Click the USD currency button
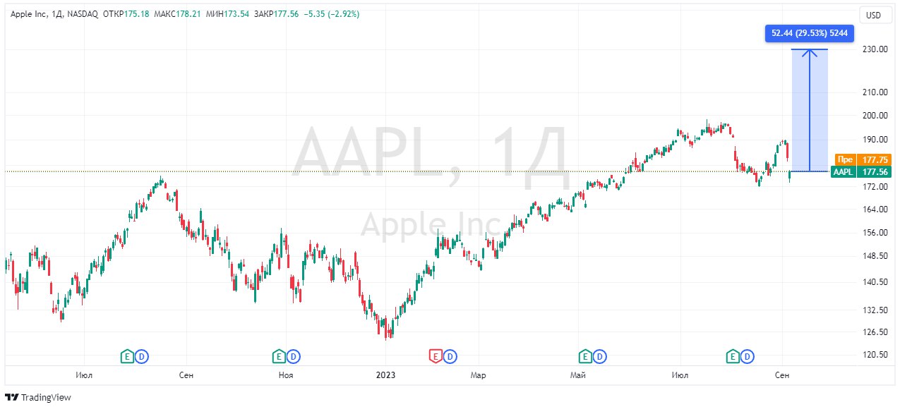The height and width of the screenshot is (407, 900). click(873, 15)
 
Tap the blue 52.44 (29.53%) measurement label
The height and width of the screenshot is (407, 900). click(810, 33)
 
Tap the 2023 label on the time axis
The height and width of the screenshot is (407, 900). click(385, 375)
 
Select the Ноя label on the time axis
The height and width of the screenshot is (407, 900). click(286, 375)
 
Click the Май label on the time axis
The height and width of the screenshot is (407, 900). click(578, 375)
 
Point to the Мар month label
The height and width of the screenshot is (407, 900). click(478, 375)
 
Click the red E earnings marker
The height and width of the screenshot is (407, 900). click(436, 356)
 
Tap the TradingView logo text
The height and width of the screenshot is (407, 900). click(46, 397)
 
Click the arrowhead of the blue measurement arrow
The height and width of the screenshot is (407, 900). click(810, 51)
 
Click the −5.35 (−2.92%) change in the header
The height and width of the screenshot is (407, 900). click(331, 14)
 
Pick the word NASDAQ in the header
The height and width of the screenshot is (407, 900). click(82, 14)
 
